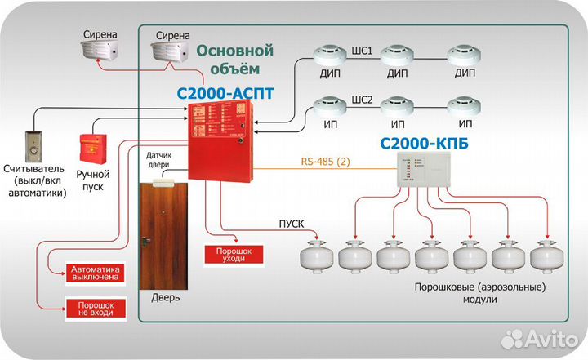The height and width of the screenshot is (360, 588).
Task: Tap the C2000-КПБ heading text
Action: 418,144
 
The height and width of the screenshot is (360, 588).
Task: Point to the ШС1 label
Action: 363,51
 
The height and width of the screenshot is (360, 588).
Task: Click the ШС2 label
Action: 362,102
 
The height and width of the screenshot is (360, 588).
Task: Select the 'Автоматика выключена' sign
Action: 96,273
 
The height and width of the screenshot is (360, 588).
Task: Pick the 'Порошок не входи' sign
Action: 96,308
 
